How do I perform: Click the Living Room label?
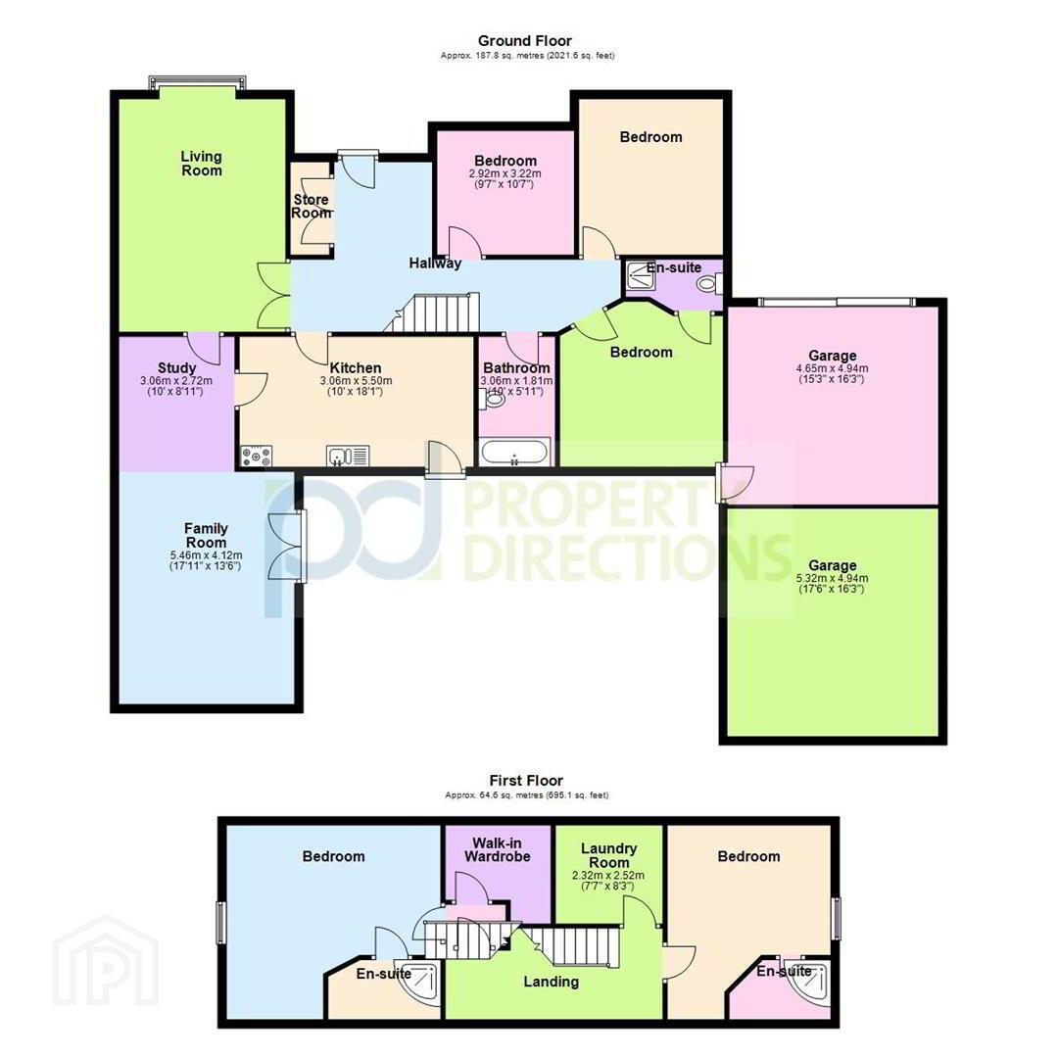[201, 164]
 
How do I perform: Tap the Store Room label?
[312, 206]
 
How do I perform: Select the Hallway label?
[435, 264]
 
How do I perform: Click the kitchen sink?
[348, 457]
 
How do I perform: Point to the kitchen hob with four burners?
[256, 457]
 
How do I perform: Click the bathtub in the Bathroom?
[515, 452]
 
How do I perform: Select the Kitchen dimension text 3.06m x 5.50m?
[356, 380]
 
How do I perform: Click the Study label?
[176, 367]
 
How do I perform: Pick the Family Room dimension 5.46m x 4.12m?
[206, 555]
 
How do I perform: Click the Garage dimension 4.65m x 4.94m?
[832, 368]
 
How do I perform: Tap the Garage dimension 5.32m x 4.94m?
[832, 578]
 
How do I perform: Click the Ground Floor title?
[525, 40]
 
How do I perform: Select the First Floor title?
[526, 781]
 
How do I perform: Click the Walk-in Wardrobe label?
[498, 849]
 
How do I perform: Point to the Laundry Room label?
[608, 855]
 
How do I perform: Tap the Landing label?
[552, 982]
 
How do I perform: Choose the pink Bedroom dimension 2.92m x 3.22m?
[505, 173]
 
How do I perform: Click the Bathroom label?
[516, 367]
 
